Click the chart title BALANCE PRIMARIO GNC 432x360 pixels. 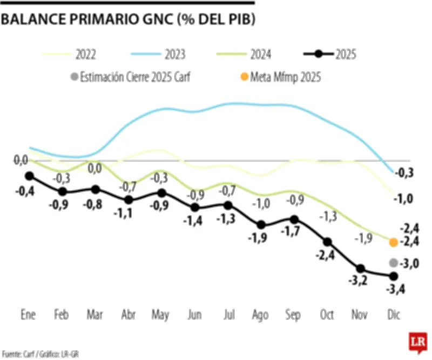point(128,19)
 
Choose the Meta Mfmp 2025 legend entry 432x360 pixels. point(281,77)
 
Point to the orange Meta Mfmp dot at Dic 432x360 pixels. point(394,242)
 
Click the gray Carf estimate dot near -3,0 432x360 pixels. point(394,263)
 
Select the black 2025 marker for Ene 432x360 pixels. point(29,176)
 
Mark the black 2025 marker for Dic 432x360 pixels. point(394,276)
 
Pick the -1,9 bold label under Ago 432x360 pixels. point(261,237)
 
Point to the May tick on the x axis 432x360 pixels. point(161,315)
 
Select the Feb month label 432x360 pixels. point(63,315)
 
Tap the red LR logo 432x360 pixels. point(416,342)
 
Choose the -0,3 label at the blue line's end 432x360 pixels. point(404,173)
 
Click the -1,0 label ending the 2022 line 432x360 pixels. point(404,198)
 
